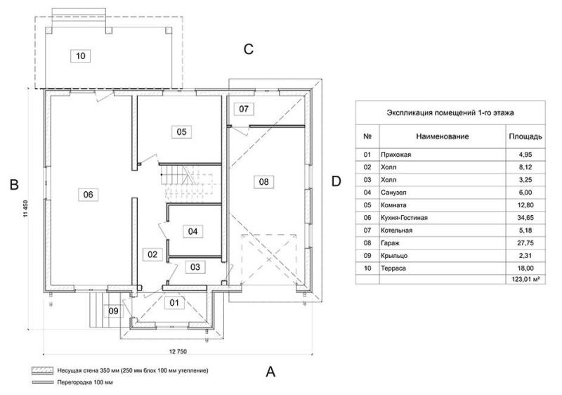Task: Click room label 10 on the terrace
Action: coord(81,56)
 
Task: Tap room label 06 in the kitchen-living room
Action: coord(89,195)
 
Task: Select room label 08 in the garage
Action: coord(264,182)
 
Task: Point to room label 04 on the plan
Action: coord(192,231)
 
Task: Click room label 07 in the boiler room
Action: coord(244,109)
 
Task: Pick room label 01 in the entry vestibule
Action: coord(174,303)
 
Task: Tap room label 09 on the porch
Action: coord(113,311)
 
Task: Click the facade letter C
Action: coord(249,49)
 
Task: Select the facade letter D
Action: coord(336,181)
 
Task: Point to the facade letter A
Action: coord(270,372)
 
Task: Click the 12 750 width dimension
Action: coord(178,351)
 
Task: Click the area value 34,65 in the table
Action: coord(525,218)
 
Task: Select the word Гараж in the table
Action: coord(390,243)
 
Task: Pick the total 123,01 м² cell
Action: coord(525,279)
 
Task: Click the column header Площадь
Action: coord(525,136)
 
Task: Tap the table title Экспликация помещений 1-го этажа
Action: coord(450,113)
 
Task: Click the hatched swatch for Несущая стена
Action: coord(43,370)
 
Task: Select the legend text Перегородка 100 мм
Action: coord(85,382)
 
